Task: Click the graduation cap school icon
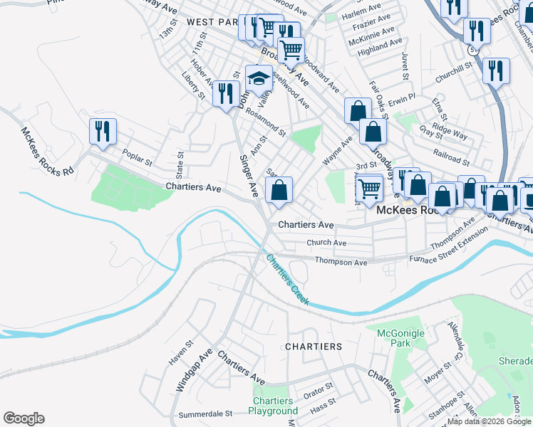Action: [x=259, y=78]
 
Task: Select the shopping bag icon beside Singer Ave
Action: [x=279, y=190]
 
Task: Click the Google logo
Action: [x=24, y=418]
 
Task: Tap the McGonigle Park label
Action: [x=400, y=338]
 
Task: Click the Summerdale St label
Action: [x=205, y=413]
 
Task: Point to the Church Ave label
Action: [x=326, y=243]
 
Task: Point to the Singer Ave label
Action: [x=249, y=175]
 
